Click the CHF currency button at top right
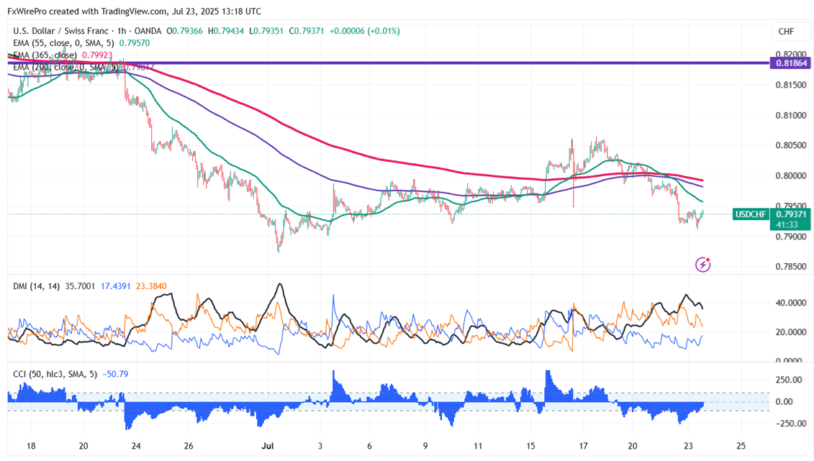(x=786, y=32)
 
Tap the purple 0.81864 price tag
(x=791, y=63)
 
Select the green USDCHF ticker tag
(x=751, y=214)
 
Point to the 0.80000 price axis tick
(x=790, y=176)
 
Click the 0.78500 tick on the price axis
(x=790, y=267)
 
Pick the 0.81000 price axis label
(x=790, y=116)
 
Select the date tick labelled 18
(x=31, y=446)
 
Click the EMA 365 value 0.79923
(x=134, y=55)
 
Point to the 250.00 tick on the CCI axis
(x=789, y=380)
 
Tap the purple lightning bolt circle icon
(x=703, y=265)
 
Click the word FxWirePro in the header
(x=30, y=12)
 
